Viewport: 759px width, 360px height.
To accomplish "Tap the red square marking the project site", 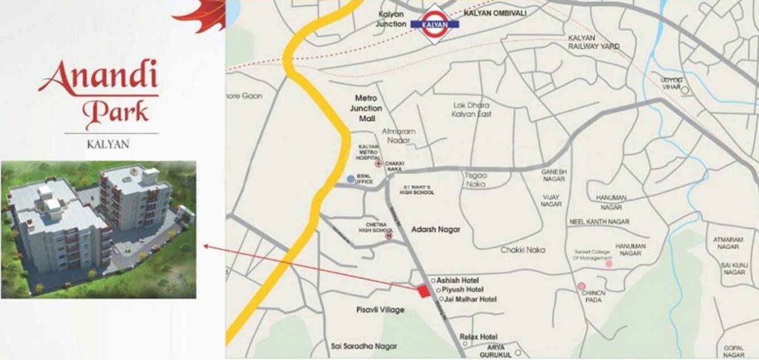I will [x=423, y=291].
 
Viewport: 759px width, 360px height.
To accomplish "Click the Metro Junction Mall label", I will [x=366, y=108].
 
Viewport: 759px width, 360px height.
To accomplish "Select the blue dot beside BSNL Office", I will [x=351, y=179].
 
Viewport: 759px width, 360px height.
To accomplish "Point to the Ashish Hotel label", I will [x=457, y=281].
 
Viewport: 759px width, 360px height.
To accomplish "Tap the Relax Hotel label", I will [x=478, y=337].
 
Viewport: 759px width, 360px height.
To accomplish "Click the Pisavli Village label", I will [x=380, y=309].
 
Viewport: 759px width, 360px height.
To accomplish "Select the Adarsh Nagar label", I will [x=436, y=229].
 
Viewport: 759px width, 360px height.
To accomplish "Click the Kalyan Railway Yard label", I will [x=594, y=41].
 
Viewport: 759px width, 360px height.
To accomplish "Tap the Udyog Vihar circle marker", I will [x=685, y=90].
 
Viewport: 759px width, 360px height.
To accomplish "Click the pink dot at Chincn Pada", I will [x=581, y=286].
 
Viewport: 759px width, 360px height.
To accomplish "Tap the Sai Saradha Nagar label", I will [x=364, y=346].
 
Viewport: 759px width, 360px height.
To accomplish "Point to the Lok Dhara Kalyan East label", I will [x=472, y=110].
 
